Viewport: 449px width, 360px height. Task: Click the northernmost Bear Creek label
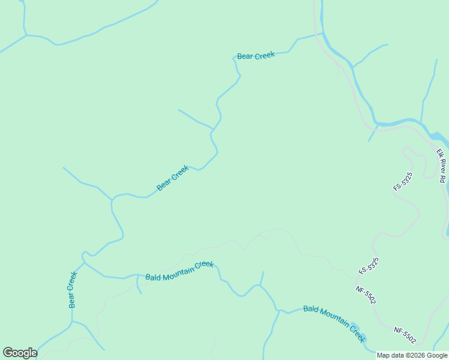tap(256, 56)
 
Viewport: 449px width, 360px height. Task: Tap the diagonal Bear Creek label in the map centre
tap(173, 178)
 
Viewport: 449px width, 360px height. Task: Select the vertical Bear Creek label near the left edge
tap(73, 290)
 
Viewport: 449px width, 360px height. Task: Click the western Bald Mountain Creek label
tap(179, 271)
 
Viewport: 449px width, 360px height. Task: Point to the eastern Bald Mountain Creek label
tap(334, 325)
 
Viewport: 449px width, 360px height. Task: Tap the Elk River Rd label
tap(443, 166)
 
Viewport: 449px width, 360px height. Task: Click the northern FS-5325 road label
tap(403, 181)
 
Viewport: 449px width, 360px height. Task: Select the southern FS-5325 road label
tap(369, 266)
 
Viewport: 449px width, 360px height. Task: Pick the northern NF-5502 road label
tap(366, 295)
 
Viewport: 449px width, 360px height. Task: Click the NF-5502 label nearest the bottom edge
tap(405, 335)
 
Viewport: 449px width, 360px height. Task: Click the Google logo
tap(20, 353)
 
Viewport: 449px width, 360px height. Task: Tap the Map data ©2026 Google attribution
tap(412, 355)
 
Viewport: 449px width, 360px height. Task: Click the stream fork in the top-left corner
tap(26, 35)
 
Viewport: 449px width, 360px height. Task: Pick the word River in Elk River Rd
tap(443, 166)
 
